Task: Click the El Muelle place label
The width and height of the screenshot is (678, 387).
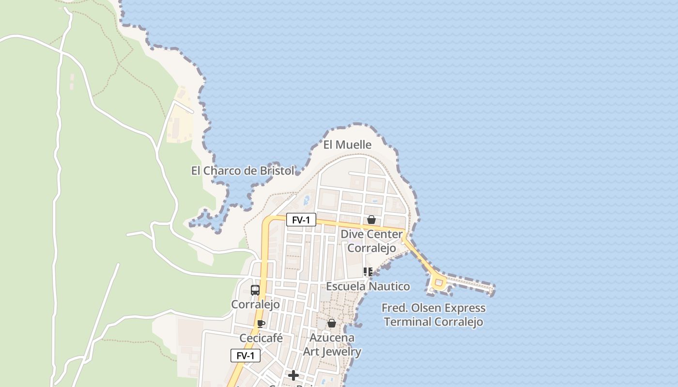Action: tap(347, 145)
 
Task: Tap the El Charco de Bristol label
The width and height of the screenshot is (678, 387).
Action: tap(243, 171)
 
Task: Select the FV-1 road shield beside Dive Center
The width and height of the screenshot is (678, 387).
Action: tap(301, 220)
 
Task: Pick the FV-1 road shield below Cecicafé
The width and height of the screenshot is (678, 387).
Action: tap(245, 356)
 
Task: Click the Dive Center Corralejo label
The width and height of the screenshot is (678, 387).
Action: tap(371, 241)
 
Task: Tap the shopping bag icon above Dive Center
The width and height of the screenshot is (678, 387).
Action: tap(371, 220)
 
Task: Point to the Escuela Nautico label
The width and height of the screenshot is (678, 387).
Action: tap(368, 286)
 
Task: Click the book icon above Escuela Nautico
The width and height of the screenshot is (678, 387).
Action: tap(368, 272)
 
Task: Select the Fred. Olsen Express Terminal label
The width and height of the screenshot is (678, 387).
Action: tap(433, 315)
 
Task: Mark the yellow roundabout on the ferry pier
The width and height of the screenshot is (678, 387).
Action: tap(439, 283)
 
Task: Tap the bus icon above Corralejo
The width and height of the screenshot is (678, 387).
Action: tap(255, 290)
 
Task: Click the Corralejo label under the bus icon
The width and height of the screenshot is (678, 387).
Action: tap(255, 304)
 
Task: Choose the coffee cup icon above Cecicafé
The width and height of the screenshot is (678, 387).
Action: tap(261, 324)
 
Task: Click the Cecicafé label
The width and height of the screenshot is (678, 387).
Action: tap(261, 338)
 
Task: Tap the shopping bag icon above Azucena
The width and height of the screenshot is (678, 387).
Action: tap(332, 323)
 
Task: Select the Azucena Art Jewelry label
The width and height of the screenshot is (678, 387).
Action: tap(332, 344)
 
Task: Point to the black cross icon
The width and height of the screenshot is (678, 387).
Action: tap(293, 375)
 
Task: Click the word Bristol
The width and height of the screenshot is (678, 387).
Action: tap(277, 171)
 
